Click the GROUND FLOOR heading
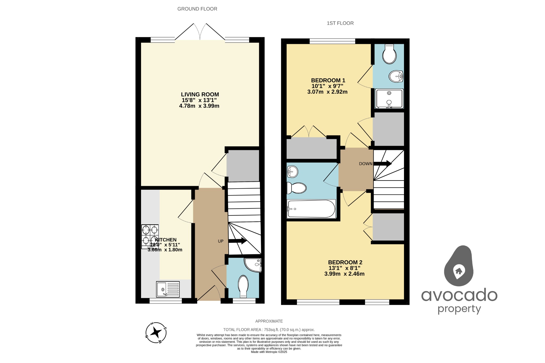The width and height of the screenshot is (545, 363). tap(197, 9)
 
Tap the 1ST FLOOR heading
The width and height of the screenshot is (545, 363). tap(340, 23)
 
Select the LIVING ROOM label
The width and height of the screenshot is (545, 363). tap(200, 94)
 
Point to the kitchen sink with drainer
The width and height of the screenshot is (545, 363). tap(168, 289)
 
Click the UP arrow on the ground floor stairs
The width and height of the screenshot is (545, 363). tap(238, 241)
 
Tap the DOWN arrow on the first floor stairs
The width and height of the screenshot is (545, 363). tap(382, 164)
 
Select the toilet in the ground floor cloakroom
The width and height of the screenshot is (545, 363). tap(243, 286)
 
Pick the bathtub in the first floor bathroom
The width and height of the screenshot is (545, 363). tap(311, 209)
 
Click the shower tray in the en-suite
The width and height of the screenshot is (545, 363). tap(389, 98)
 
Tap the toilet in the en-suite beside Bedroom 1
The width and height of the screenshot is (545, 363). tap(389, 54)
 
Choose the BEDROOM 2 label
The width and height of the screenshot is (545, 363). tap(345, 262)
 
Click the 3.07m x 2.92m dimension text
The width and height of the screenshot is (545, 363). tap(327, 92)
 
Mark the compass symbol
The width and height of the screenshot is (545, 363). tap(156, 333)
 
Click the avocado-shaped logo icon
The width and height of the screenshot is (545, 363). tap(459, 266)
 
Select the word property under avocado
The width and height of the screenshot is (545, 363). tap(459, 309)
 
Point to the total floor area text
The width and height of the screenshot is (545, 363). tap(269, 329)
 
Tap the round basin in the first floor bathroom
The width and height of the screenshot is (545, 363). tap(292, 172)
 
